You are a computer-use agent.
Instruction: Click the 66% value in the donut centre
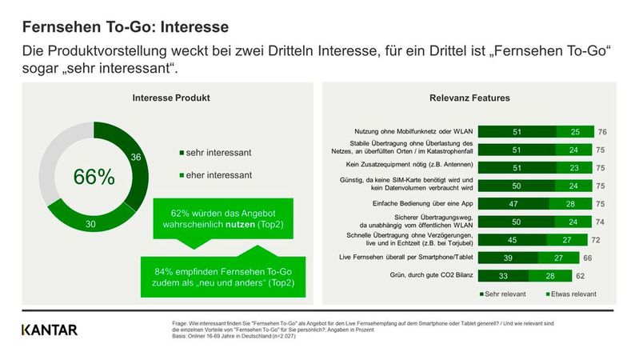point(94,178)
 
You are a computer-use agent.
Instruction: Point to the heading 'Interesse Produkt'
point(170,98)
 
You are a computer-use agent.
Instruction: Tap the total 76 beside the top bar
point(601,130)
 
